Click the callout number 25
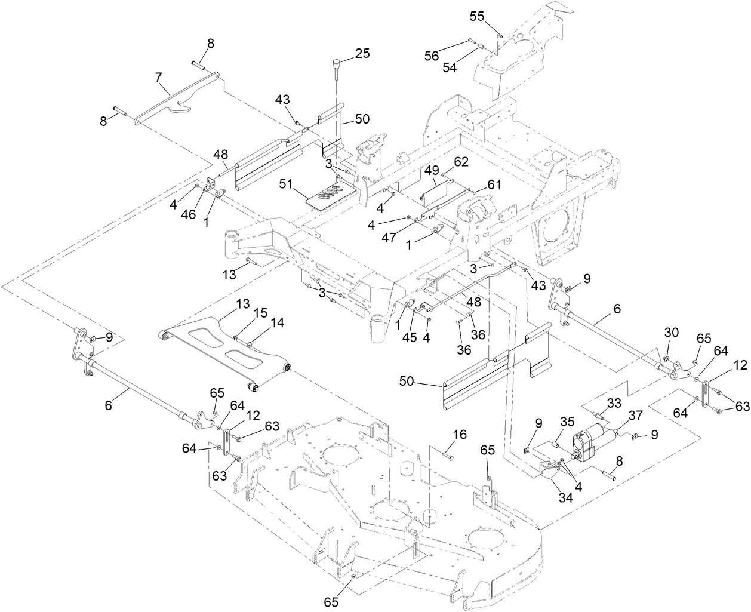pyautogui.click(x=362, y=53)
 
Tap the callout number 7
pyautogui.click(x=158, y=78)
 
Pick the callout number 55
pyautogui.click(x=477, y=17)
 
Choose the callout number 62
pyautogui.click(x=461, y=161)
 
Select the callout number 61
pyautogui.click(x=493, y=184)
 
